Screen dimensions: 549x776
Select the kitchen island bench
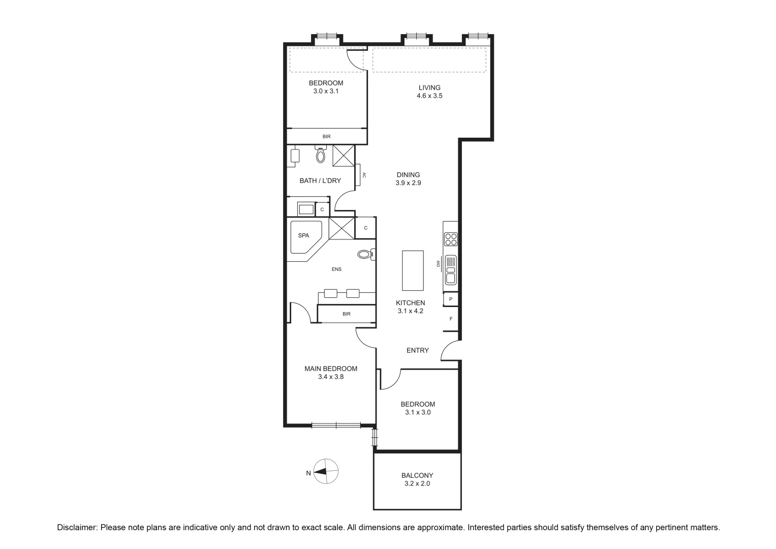413,269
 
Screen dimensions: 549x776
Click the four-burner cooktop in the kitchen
451,239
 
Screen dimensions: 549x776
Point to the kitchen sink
451,270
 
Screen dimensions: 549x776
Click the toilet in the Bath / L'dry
320,155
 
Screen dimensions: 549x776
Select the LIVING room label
429,87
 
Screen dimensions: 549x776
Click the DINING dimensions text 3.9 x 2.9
408,183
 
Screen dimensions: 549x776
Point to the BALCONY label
417,475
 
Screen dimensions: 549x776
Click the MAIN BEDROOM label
331,369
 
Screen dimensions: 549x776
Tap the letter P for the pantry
451,299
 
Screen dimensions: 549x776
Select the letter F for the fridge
451,319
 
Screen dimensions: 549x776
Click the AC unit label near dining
364,175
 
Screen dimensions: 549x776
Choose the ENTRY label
418,350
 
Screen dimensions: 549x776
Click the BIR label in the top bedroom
327,137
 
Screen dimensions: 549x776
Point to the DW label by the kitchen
438,263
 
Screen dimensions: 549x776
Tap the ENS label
336,269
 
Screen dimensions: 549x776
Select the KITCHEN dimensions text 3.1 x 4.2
410,311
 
